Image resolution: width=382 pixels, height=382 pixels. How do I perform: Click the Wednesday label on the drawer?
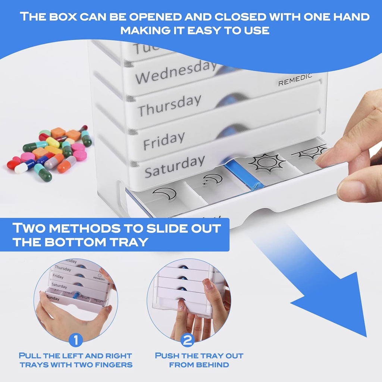tap(176, 72)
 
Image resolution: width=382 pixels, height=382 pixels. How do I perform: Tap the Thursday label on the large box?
tap(170, 105)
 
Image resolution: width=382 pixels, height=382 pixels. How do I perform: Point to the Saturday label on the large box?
tap(175, 166)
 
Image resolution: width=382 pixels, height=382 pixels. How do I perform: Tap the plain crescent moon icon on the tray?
tap(165, 194)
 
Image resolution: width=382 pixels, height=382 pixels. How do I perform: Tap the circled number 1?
tap(76, 340)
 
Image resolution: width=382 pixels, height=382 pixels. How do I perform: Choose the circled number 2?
tap(187, 340)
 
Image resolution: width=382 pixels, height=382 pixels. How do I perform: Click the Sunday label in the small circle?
tap(53, 298)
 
